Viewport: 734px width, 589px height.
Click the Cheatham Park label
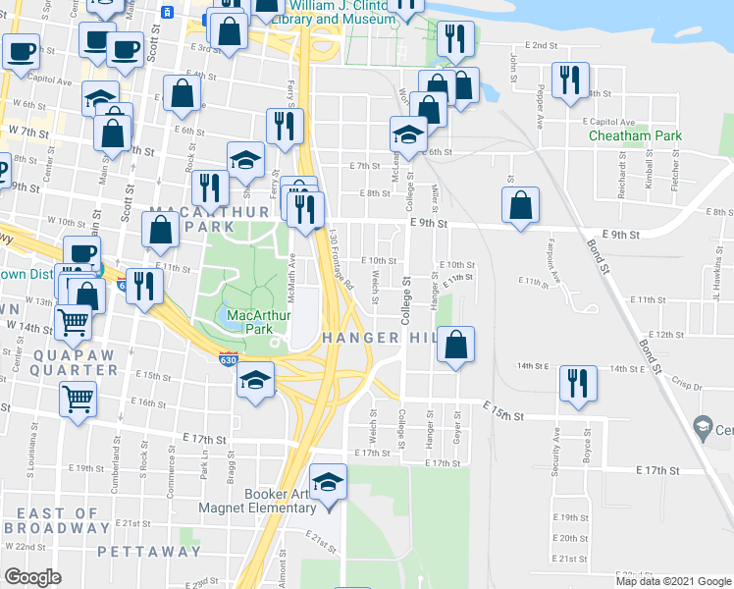click(635, 136)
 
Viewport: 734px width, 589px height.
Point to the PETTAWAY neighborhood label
click(150, 551)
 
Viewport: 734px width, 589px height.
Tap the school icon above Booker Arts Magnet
click(328, 482)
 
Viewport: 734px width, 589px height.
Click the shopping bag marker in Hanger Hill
click(455, 346)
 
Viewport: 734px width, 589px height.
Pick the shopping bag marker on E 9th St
click(521, 206)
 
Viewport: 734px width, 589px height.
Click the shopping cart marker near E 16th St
click(79, 400)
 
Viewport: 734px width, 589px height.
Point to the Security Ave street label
click(554, 453)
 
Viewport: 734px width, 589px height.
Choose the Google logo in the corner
click(32, 577)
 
